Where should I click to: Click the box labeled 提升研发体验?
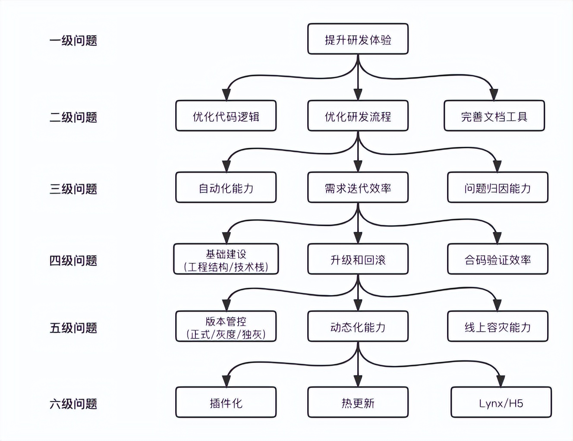358,39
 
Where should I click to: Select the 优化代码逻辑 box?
226,116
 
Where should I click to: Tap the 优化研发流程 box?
358,116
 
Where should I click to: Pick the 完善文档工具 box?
494,116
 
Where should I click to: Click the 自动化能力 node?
226,188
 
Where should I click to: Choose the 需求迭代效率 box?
358,188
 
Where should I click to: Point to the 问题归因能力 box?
497,188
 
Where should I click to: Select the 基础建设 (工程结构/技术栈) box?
226,259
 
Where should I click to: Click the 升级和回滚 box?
358,259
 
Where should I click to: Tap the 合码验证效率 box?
497,259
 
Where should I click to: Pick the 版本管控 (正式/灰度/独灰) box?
226,327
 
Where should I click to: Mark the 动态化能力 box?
358,327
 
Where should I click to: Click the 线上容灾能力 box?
497,327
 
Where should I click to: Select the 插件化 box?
226,403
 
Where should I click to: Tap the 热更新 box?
358,403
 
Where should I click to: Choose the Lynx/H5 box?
501,403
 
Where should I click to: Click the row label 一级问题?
73,41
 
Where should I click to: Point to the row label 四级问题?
73,261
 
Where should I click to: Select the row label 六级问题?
73,404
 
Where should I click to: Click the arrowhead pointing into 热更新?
358,381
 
